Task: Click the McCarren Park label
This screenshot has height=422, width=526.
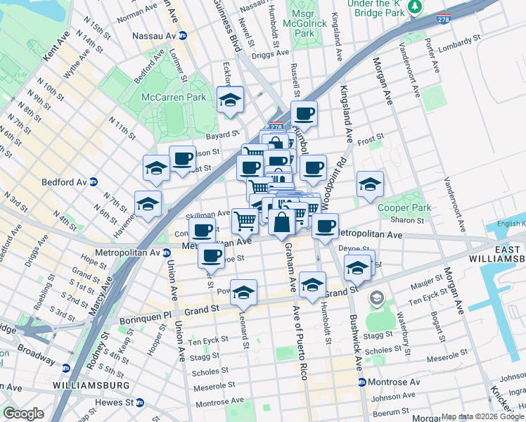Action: pyautogui.click(x=174, y=97)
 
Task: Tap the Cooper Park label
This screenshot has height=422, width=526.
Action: pyautogui.click(x=398, y=208)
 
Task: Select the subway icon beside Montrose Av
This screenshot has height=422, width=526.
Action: pyautogui.click(x=362, y=382)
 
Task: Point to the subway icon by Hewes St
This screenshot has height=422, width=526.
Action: pyautogui.click(x=140, y=403)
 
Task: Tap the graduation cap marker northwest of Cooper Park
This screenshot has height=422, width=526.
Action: pyautogui.click(x=370, y=184)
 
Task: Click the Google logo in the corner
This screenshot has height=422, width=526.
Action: pyautogui.click(x=23, y=414)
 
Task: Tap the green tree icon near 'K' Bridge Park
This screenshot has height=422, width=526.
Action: pyautogui.click(x=416, y=6)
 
